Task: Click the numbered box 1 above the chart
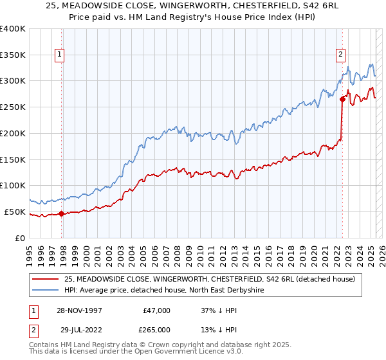59,55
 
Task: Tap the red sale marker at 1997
62,214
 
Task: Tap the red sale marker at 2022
342,99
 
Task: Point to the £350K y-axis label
13,55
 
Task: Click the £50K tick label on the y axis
15,212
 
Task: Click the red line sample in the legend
46,279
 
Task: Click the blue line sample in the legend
46,290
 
